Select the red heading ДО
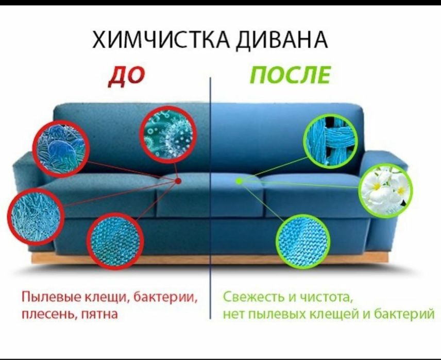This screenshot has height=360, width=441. (127, 76)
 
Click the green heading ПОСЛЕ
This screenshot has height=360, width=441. (290, 76)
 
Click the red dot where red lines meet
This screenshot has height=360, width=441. (178, 181)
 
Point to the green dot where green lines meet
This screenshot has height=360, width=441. (239, 181)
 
